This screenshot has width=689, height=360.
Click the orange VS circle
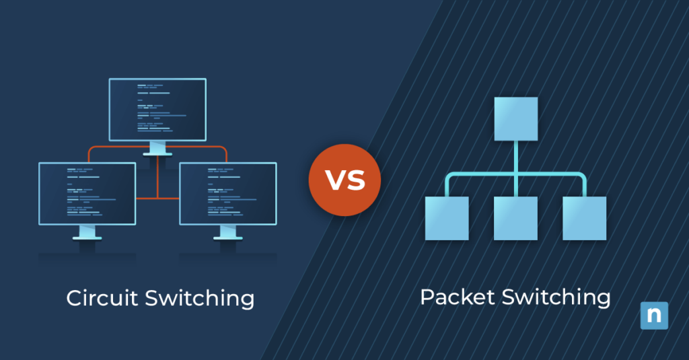click(x=344, y=180)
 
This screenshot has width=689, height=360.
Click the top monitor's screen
click(x=157, y=109)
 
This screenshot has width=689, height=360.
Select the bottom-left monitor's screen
click(x=87, y=193)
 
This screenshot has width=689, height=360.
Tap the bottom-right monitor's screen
click(x=228, y=193)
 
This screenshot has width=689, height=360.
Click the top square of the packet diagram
click(x=516, y=119)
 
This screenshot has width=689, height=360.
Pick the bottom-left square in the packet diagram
click(x=447, y=218)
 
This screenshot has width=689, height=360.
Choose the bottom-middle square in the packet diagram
click(x=516, y=218)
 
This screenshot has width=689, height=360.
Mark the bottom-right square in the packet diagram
click(x=585, y=218)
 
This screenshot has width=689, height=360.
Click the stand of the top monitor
click(x=157, y=149)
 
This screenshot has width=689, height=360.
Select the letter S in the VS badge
click(x=356, y=180)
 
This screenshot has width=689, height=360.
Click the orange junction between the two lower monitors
click(x=157, y=199)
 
